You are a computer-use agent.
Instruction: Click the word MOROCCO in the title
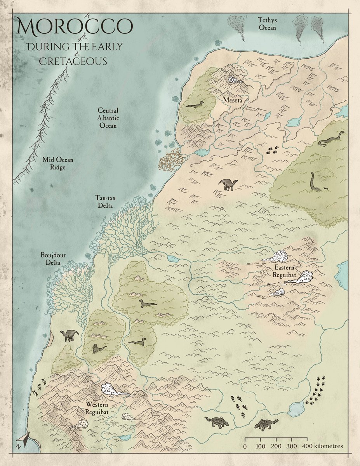74,26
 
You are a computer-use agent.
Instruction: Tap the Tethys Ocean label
268,23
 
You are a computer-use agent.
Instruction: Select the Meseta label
232,101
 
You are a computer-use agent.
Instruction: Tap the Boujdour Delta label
51,259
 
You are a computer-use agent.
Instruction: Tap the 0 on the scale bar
245,446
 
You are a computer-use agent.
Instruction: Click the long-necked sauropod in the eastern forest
314,183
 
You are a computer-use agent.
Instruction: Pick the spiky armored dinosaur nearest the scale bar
266,424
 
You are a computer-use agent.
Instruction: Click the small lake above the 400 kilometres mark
297,409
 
